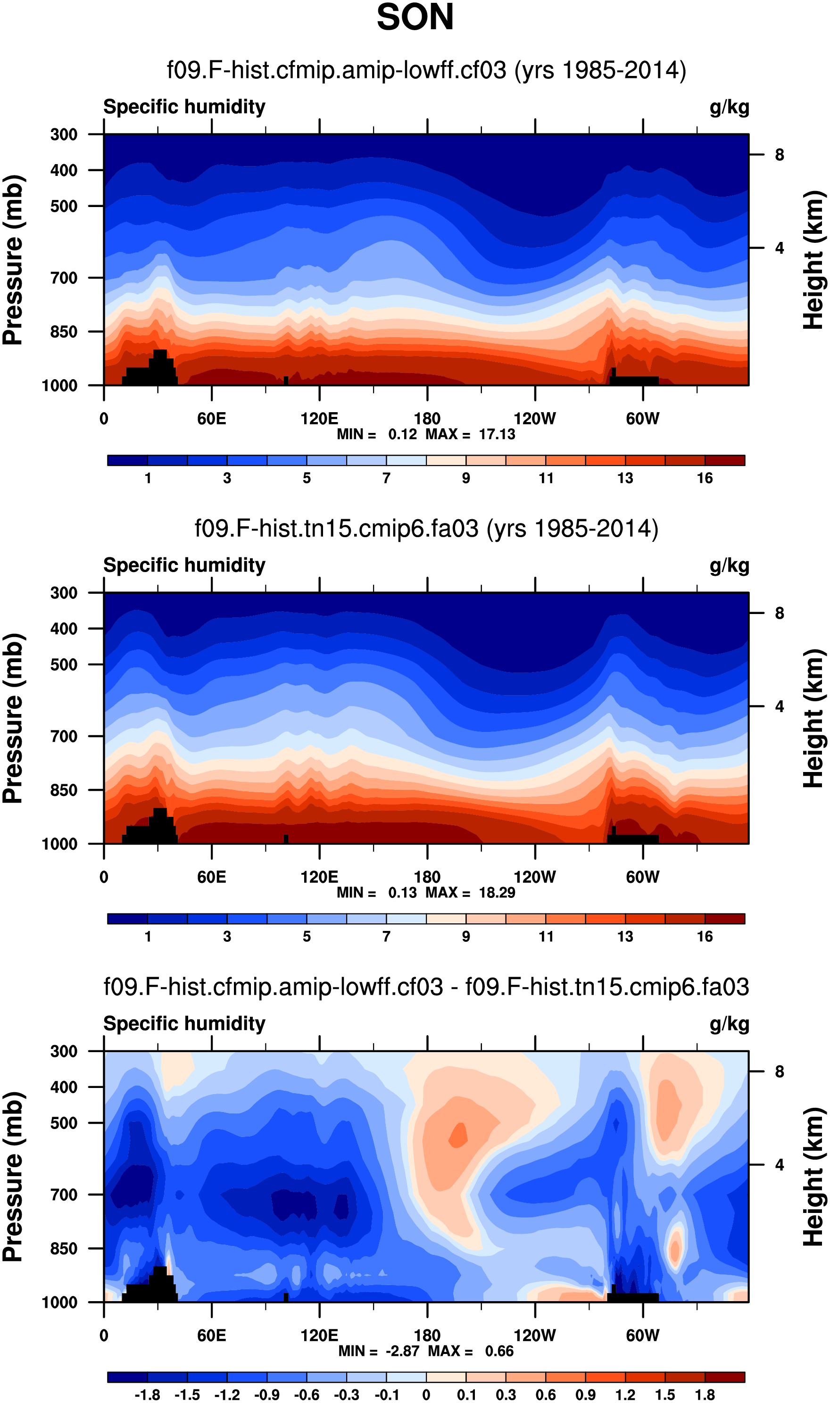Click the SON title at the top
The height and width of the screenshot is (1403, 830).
click(x=415, y=17)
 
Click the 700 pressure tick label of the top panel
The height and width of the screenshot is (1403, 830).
click(x=64, y=278)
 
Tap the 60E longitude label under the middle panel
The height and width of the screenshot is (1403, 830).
click(x=211, y=877)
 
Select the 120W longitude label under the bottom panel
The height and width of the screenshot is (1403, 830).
click(x=535, y=1336)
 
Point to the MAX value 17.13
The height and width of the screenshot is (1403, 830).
click(x=497, y=434)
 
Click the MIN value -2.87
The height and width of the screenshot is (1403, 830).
click(x=402, y=1351)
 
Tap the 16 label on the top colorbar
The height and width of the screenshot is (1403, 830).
click(x=705, y=478)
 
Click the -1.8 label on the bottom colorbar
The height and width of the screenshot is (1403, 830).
click(x=147, y=1395)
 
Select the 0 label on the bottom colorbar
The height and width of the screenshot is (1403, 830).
click(x=426, y=1395)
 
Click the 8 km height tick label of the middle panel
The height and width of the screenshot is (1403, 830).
click(x=779, y=614)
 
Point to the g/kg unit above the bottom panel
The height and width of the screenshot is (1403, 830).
click(x=730, y=1024)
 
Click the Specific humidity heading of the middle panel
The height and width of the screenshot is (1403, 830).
click(x=184, y=565)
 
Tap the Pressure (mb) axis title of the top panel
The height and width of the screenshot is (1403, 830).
click(x=13, y=260)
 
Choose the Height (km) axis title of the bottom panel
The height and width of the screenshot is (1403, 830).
click(x=814, y=1177)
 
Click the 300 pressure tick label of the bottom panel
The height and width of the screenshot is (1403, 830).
click(x=64, y=1051)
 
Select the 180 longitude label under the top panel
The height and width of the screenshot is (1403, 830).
click(x=427, y=418)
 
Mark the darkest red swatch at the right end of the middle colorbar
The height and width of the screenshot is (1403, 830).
click(x=724, y=919)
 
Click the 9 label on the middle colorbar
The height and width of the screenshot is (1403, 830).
click(x=466, y=937)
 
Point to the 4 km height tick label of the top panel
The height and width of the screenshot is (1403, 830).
click(x=779, y=248)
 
